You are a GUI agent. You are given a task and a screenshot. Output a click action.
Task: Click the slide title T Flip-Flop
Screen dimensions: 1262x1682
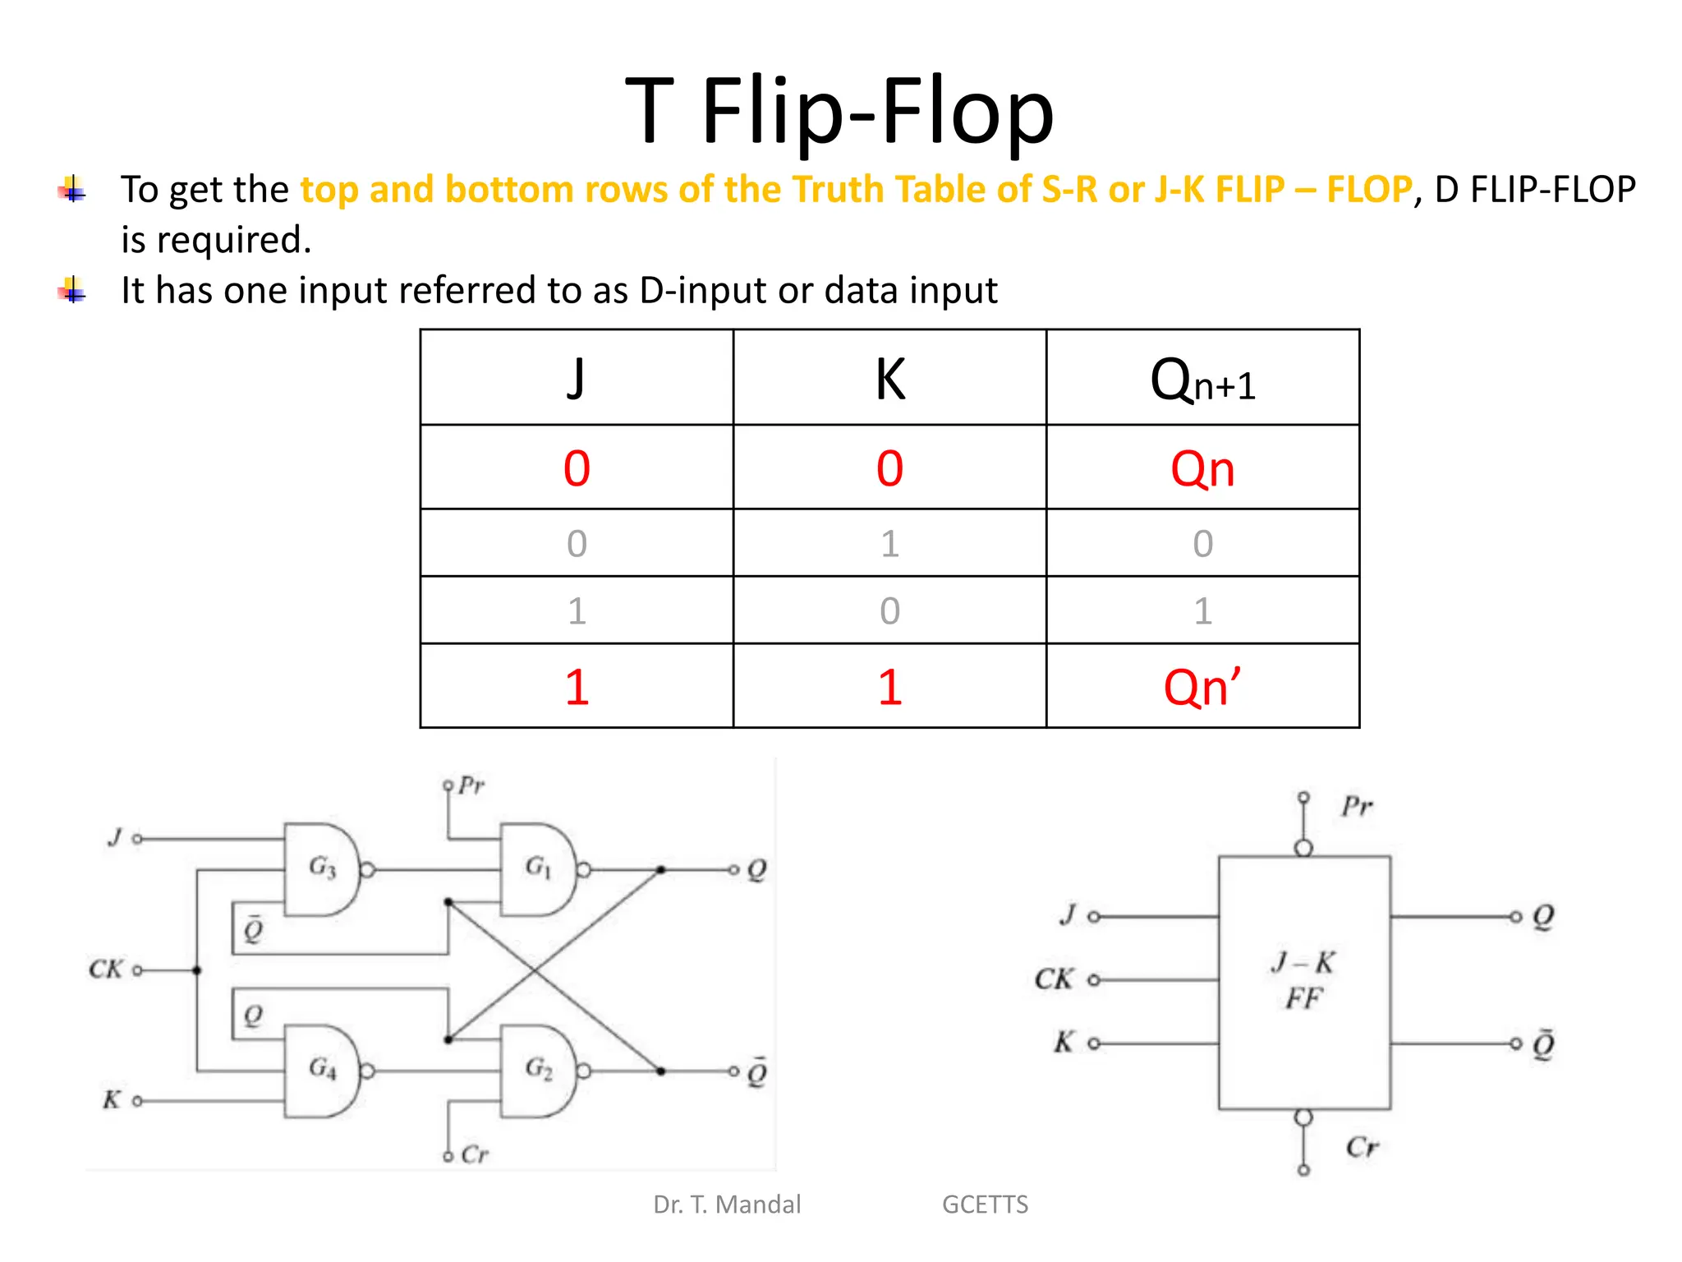click(x=839, y=111)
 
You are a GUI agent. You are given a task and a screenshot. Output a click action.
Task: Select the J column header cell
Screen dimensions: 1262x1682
click(x=577, y=379)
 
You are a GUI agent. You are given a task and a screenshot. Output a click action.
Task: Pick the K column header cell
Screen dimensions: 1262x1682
click(x=889, y=379)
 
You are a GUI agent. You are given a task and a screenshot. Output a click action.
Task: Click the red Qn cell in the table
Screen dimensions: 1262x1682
click(x=1202, y=468)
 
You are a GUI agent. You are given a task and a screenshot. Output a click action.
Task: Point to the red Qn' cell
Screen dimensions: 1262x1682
click(x=1202, y=687)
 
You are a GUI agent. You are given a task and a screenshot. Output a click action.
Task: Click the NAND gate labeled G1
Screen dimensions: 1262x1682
click(x=539, y=868)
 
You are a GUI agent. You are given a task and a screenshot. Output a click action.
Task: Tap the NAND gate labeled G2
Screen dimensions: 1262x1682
click(x=539, y=1070)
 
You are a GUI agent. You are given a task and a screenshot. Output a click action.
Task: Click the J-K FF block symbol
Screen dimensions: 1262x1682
click(x=1304, y=982)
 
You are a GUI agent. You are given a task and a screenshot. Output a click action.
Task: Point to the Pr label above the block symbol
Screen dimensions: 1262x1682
click(x=1357, y=806)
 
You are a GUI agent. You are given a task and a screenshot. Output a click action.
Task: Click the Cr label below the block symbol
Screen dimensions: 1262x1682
click(x=1362, y=1147)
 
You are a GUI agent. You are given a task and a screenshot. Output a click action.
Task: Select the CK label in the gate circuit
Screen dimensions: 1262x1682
click(x=106, y=970)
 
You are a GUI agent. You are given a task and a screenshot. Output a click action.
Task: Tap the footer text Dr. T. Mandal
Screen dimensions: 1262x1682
click(x=727, y=1204)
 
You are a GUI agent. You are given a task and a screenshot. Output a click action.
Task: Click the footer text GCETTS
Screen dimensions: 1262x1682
click(x=985, y=1204)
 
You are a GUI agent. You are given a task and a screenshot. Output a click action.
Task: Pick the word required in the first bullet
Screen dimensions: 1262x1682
click(x=234, y=240)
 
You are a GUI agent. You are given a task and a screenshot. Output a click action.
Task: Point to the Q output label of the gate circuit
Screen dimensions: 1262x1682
click(x=756, y=869)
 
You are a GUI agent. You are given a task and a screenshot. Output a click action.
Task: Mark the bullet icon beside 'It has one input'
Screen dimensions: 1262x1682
click(x=73, y=290)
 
